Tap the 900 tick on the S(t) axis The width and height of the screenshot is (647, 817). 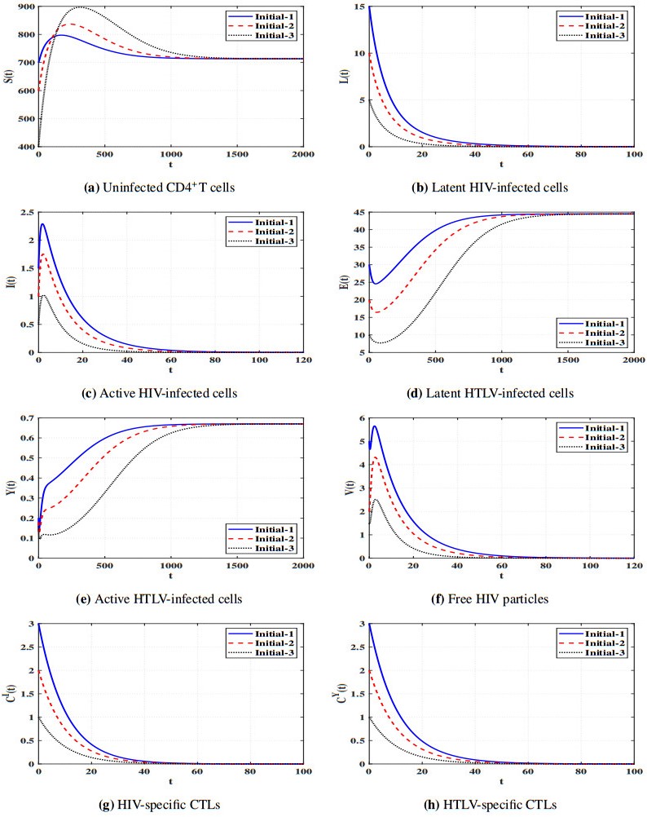[26, 7]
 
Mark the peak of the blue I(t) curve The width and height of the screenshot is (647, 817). [43, 224]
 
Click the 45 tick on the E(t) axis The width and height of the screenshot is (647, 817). [359, 214]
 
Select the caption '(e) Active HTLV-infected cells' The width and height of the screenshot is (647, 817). [157, 599]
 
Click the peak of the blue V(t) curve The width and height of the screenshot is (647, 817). [375, 426]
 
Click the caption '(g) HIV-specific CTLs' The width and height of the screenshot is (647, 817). [157, 804]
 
